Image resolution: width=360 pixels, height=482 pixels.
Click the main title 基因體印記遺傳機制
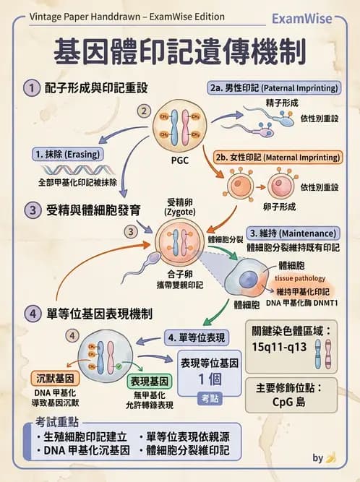(180, 51)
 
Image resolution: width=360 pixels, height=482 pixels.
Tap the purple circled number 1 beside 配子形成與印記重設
(31, 88)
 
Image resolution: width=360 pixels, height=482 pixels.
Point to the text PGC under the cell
(181, 160)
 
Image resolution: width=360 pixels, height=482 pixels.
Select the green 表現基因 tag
(149, 380)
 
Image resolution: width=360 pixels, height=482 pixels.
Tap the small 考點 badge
(208, 398)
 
